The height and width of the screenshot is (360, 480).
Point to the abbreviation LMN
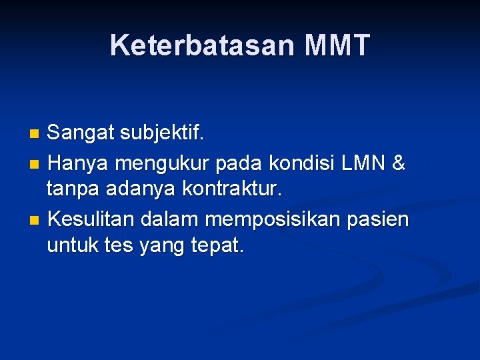coord(365,162)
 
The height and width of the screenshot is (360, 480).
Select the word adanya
coord(140,190)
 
